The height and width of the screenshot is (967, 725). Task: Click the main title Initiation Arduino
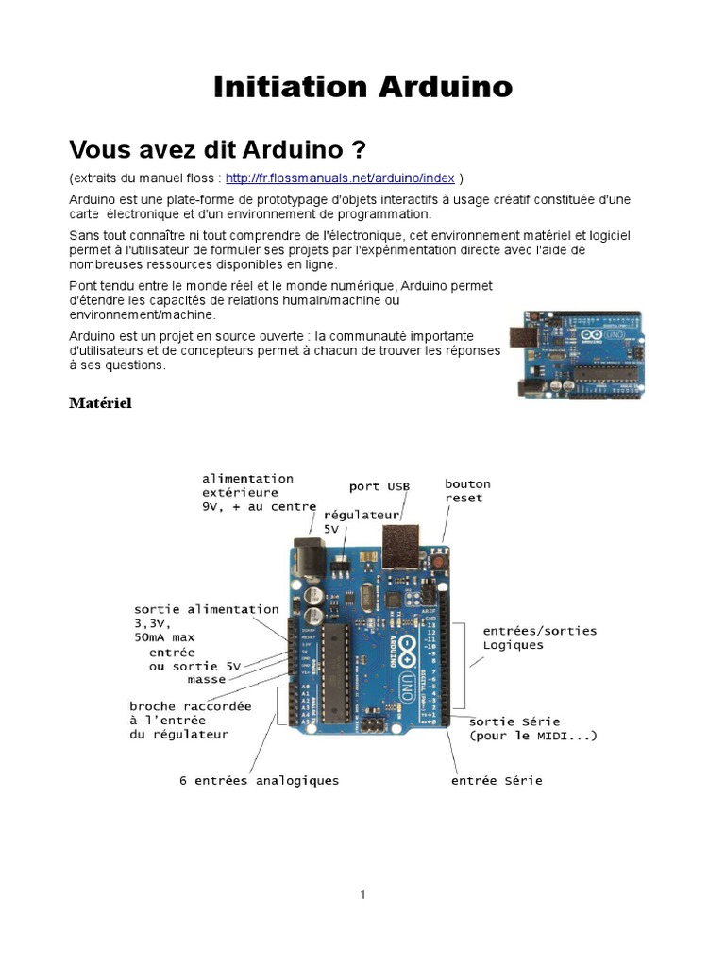pos(362,87)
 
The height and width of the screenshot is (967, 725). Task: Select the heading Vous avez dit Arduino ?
pos(217,150)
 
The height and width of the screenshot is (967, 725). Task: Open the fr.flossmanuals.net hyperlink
pos(340,178)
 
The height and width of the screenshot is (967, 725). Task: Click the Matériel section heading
pos(100,403)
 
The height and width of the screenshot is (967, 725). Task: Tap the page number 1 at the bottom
pos(362,894)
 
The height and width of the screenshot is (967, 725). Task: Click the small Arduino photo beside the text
pos(578,354)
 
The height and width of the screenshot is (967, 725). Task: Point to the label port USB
pos(379,486)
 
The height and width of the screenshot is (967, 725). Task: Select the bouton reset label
pos(467,490)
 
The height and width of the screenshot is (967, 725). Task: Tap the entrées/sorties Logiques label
pos(539,637)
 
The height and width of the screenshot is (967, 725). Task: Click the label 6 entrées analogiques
pos(259,781)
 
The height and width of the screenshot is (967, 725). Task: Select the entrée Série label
pos(497,781)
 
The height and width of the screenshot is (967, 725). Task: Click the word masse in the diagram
pos(206,679)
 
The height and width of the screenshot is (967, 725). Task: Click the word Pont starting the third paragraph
pos(84,285)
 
